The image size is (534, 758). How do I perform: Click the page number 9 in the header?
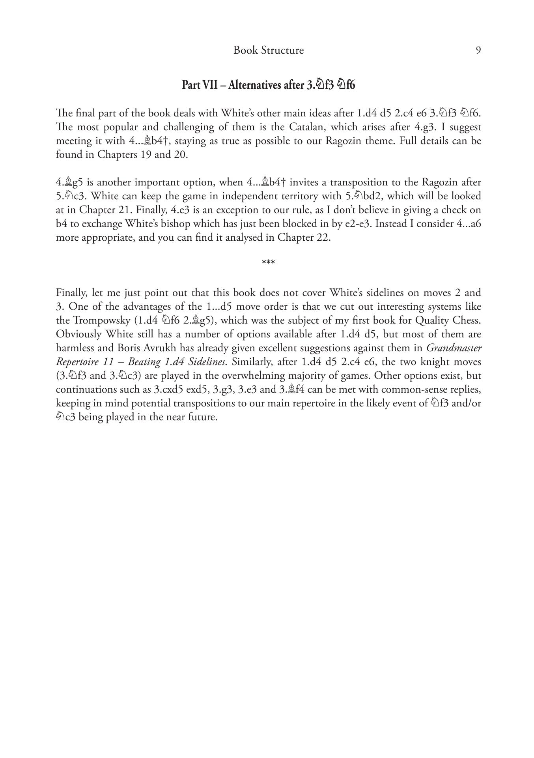point(478,51)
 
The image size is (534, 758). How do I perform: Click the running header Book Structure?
point(268,51)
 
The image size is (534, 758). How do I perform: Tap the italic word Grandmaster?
point(454,348)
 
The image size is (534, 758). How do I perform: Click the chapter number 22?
point(323,238)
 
